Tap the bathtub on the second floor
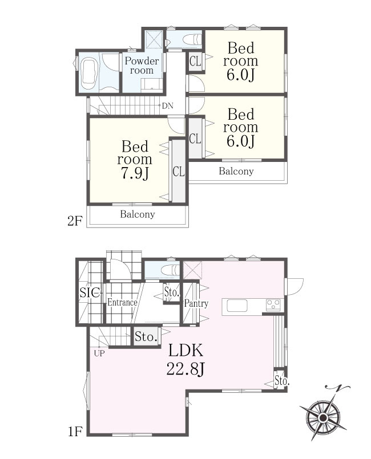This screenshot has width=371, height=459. pos(89,73)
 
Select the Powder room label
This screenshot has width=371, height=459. pos(142,65)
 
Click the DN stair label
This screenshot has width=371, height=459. pos(168,105)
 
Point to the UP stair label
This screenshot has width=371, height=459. pos(99,354)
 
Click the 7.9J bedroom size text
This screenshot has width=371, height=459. pos(135,173)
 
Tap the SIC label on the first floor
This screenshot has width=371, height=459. pos(90,292)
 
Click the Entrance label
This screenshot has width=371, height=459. pos(123,302)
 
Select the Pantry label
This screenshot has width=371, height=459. pos(196,303)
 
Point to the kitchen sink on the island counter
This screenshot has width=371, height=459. pos(237,306)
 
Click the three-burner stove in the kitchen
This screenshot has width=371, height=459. pos(273,305)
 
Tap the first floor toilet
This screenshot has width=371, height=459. pos(170,270)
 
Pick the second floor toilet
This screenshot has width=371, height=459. pos(192,39)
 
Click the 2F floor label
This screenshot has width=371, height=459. pos(74,221)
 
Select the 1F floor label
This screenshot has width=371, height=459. pos(75,431)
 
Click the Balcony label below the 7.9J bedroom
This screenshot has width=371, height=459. pos(138,214)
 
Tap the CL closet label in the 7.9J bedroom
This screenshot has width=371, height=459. pos(179,171)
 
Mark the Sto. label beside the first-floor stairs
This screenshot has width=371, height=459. pos(146,337)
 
